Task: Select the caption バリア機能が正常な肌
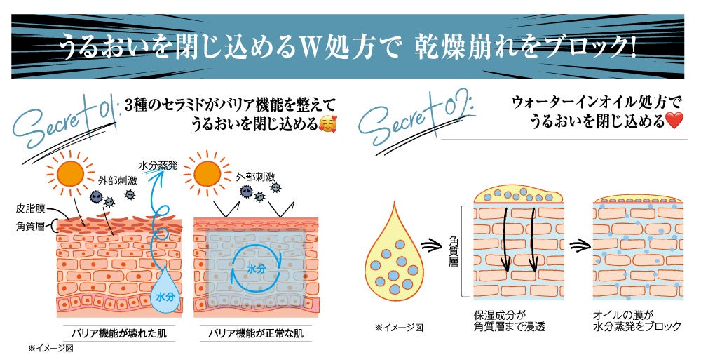[255, 331]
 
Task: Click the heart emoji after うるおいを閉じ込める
[674, 121]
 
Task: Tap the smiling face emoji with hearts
[327, 126]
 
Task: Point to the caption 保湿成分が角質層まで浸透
[508, 321]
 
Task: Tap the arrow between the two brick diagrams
[579, 246]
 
